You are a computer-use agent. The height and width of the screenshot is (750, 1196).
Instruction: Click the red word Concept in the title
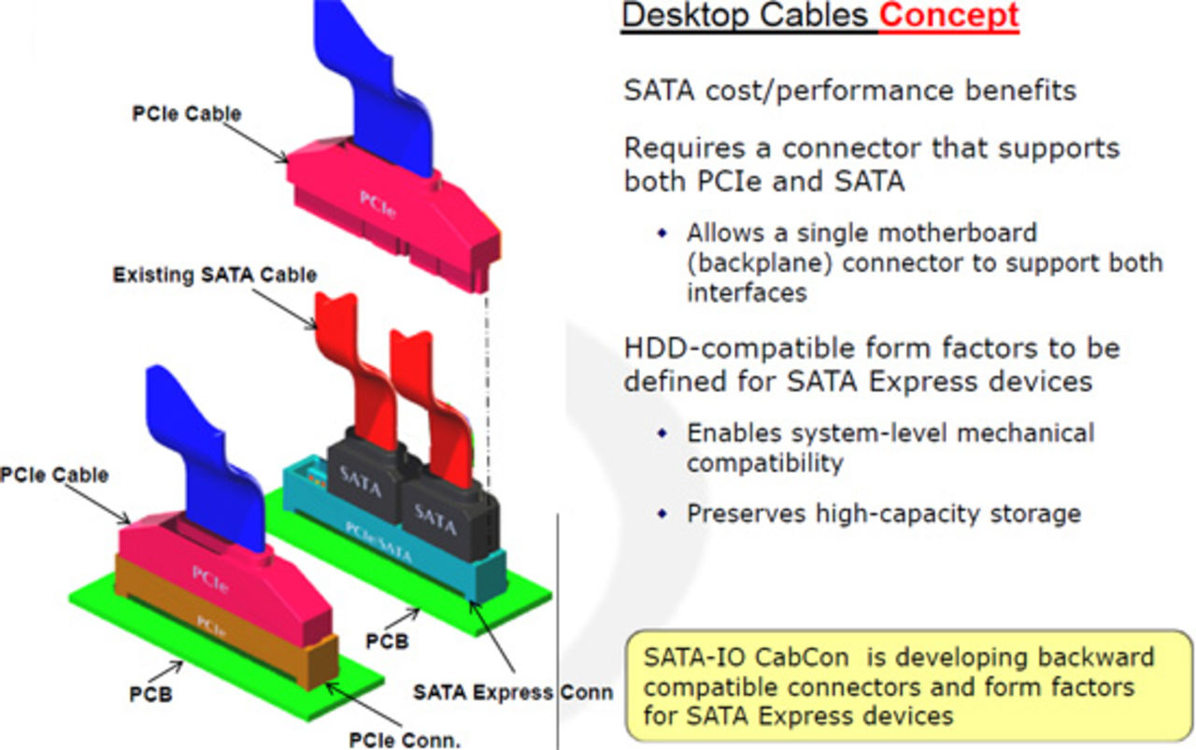[947, 16]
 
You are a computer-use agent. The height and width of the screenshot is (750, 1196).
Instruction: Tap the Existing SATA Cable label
[214, 276]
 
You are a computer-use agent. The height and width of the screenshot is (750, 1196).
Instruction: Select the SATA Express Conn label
[513, 692]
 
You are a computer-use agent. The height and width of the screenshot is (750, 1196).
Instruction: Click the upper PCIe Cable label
[186, 114]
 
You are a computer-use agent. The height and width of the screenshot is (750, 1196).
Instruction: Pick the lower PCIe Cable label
[54, 474]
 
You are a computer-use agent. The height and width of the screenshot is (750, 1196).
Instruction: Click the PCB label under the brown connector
[150, 696]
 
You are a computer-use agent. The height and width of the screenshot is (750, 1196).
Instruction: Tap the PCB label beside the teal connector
[387, 643]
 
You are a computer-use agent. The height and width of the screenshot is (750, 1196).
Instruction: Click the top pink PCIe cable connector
[383, 201]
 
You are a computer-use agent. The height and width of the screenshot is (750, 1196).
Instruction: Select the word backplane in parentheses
[761, 262]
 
